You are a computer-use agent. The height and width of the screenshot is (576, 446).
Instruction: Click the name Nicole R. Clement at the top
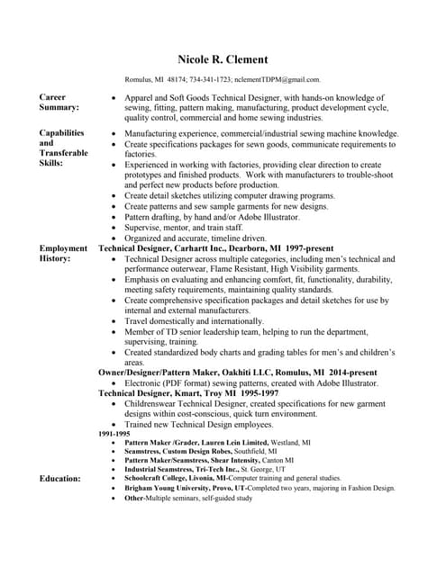pyautogui.click(x=223, y=60)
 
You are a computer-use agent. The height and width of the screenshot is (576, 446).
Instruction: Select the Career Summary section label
pyautogui.click(x=59, y=102)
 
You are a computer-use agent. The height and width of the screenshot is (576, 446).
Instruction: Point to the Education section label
pyautogui.click(x=59, y=479)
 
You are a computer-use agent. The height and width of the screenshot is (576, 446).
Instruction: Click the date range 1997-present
pyautogui.click(x=306, y=247)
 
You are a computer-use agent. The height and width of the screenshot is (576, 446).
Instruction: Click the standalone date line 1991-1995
pyautogui.click(x=114, y=435)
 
